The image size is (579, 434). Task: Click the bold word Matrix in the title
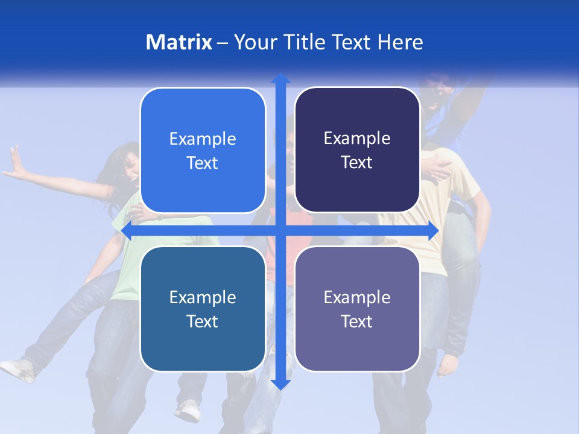click(x=179, y=42)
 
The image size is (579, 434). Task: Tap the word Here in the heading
click(x=400, y=42)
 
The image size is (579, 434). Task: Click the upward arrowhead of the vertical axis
click(x=280, y=79)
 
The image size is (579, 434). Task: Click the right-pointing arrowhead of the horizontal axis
click(x=433, y=231)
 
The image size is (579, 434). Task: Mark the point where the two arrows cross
click(x=280, y=231)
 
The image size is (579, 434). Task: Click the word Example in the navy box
click(x=357, y=139)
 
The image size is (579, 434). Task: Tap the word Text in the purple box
click(x=357, y=321)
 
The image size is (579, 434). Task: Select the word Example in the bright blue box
click(x=203, y=139)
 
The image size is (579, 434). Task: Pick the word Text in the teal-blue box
click(x=203, y=321)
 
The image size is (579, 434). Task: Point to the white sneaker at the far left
click(x=17, y=368)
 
